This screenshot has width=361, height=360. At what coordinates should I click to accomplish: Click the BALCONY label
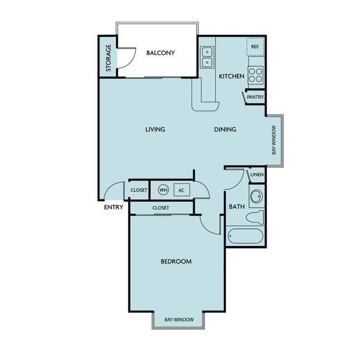point(161,53)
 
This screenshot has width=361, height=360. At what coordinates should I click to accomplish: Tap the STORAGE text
point(108,58)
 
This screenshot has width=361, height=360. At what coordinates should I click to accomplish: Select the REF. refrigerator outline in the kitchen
point(255,47)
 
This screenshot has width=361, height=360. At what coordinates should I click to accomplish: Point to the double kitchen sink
point(207,57)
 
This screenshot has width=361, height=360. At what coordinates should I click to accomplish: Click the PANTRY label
point(255,97)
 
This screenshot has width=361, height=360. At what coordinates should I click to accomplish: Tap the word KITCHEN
point(232,76)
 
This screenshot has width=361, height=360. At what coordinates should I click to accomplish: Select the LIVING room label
point(155,129)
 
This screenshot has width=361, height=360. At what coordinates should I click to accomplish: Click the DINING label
point(225,129)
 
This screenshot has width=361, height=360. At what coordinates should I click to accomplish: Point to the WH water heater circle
point(163,190)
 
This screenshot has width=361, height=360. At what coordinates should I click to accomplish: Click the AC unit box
point(182,190)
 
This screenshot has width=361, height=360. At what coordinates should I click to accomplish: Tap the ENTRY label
point(113,207)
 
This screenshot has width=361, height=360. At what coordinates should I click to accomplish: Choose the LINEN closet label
point(257,174)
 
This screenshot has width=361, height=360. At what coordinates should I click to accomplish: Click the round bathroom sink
point(257,197)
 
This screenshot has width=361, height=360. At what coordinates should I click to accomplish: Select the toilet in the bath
point(254,217)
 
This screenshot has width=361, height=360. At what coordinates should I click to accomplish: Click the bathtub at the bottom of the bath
point(245,236)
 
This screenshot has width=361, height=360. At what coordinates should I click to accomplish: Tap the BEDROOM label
point(176,262)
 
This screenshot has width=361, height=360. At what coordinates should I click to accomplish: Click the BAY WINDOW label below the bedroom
point(179,319)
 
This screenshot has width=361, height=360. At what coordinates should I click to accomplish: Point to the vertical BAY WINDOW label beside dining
point(274,140)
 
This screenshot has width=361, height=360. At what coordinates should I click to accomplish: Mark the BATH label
point(237,207)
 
